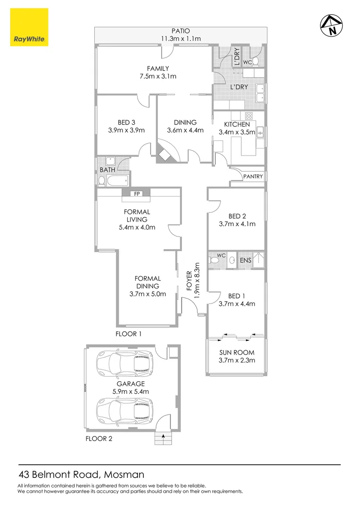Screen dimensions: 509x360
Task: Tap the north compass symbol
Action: [332, 26]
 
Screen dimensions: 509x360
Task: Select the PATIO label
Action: [180, 31]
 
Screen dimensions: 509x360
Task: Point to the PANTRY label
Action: [253, 176]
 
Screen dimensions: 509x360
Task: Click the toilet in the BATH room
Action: [102, 180]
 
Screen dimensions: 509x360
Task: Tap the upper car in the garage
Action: [125, 363]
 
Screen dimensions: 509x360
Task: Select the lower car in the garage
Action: [125, 410]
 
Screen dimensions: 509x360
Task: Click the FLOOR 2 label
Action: [99, 438]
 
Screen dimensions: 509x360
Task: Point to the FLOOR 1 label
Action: [129, 334]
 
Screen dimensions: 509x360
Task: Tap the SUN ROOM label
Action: [237, 353]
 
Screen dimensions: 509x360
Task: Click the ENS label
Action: [245, 260]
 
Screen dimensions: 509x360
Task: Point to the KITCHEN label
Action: [237, 124]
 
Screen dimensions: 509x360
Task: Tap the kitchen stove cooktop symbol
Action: [249, 115]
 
